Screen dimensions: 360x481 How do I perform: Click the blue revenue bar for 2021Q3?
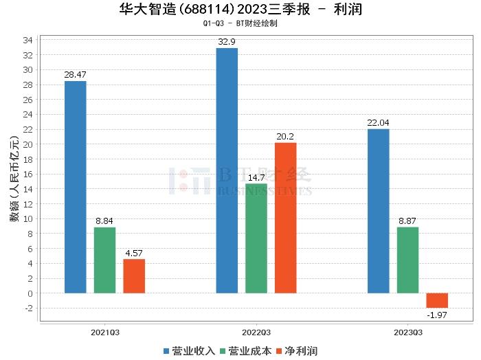tap(75, 187)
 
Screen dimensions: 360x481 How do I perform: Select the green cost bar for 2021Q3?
tap(104, 260)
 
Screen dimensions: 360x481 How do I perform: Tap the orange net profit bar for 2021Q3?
tap(134, 276)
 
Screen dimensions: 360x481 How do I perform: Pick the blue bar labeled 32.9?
tap(227, 170)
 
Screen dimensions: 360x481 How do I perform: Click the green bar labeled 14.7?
tap(256, 238)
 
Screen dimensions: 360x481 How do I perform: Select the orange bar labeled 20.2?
tap(286, 218)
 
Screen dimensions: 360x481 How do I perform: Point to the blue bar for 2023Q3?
tap(378, 211)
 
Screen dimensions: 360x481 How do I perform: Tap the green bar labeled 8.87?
tap(407, 260)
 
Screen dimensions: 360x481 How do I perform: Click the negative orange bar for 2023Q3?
tap(437, 300)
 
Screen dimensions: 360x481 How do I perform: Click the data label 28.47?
tap(75, 74)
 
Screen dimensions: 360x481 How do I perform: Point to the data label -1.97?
tap(437, 315)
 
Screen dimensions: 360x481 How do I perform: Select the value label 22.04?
tap(378, 122)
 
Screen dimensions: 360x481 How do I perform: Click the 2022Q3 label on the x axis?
tap(256, 332)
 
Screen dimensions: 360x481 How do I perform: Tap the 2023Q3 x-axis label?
tap(407, 332)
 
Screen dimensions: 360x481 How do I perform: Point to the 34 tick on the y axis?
tap(28, 40)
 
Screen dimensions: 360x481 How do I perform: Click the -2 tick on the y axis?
tap(28, 308)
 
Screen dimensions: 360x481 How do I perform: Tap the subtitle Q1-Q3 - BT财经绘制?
tap(240, 23)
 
